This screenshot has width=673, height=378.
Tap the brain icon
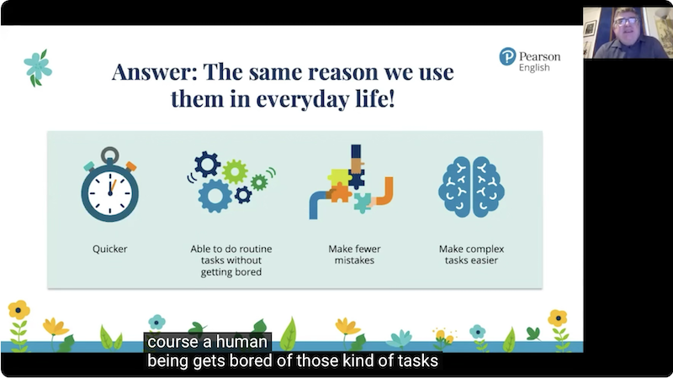click(x=471, y=186)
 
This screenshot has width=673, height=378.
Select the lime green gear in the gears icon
click(x=235, y=171)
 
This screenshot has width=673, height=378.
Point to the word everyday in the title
click(x=303, y=99)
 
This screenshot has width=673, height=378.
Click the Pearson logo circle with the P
click(x=507, y=56)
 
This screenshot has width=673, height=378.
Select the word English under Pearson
click(x=534, y=68)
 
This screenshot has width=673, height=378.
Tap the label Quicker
click(x=110, y=249)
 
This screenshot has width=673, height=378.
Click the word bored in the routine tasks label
click(x=249, y=272)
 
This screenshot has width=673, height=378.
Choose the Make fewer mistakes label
click(x=354, y=255)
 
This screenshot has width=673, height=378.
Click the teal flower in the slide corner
click(x=38, y=68)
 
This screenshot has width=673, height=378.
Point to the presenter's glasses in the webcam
click(x=627, y=20)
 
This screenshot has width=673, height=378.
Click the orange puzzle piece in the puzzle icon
click(x=340, y=192)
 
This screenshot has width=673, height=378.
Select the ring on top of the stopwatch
click(x=110, y=155)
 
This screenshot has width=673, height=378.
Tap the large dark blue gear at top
click(x=207, y=164)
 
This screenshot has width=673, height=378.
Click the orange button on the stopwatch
click(x=131, y=166)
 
